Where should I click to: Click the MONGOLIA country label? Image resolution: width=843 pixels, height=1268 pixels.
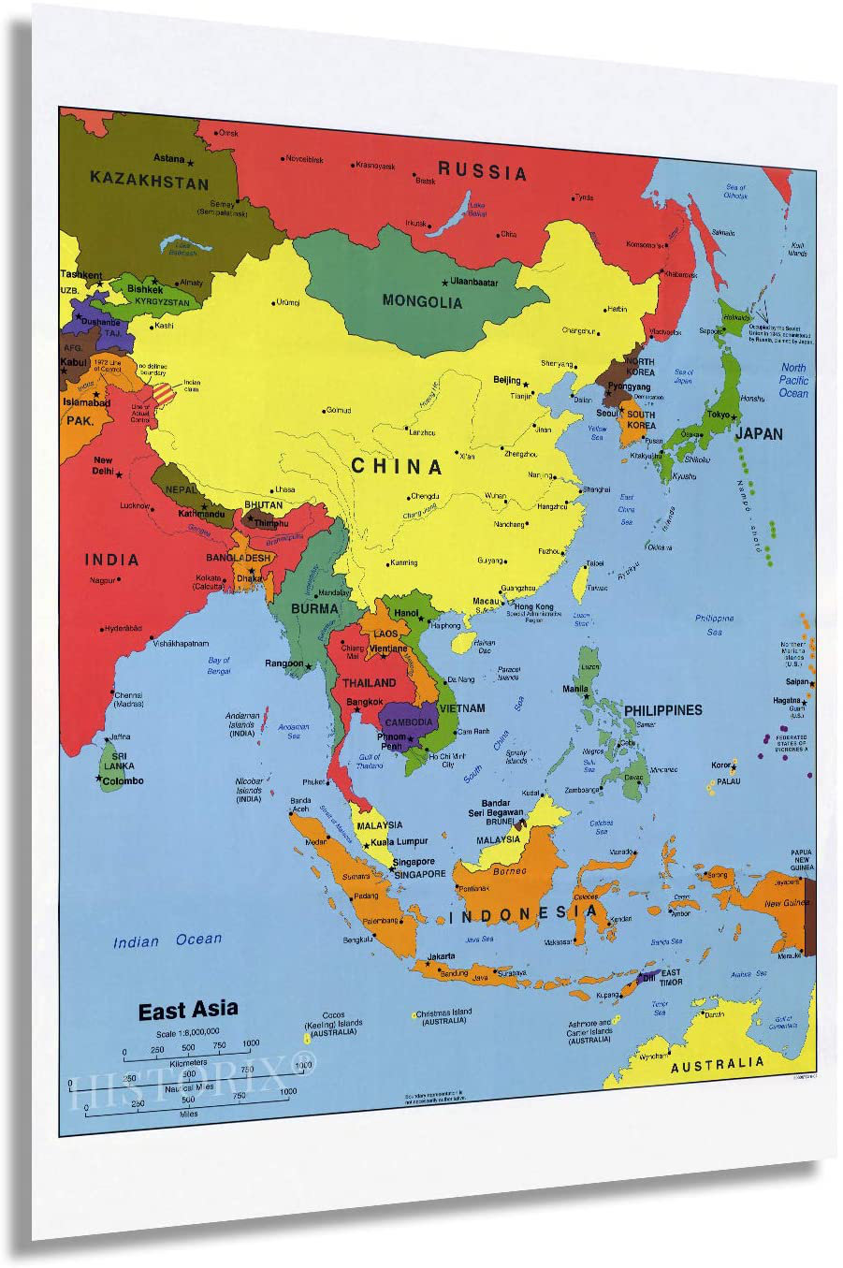422,301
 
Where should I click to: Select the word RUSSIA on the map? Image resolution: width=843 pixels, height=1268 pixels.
483,171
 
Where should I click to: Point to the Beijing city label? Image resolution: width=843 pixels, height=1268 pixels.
507,381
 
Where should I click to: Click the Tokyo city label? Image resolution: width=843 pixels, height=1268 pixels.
719,415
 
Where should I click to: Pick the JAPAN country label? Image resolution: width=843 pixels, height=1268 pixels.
759,433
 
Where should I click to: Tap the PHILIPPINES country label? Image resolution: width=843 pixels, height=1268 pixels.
662,710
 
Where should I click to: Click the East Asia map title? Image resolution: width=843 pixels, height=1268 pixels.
188,1011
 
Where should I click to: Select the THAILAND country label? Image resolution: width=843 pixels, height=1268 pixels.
369,683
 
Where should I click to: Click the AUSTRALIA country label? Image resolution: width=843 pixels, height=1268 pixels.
717,1064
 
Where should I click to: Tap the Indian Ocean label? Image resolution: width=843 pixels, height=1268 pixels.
167,940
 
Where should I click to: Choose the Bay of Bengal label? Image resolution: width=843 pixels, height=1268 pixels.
219,665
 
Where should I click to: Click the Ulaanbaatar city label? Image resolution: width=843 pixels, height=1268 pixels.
474,282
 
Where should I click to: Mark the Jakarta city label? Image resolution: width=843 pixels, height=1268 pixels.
441,956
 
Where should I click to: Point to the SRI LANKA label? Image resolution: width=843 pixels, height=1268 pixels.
119,760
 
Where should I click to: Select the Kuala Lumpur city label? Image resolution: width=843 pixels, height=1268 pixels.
400,841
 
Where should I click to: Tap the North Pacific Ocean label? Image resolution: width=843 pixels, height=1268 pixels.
792,380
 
